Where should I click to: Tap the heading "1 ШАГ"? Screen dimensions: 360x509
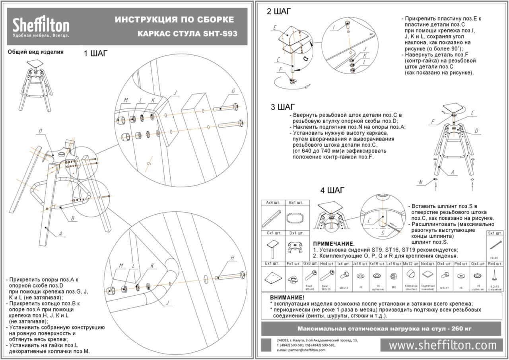[95, 54]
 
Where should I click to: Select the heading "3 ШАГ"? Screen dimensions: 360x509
[283, 107]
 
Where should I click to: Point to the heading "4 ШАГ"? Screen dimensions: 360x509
[333, 190]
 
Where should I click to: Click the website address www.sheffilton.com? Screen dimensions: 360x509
[443, 345]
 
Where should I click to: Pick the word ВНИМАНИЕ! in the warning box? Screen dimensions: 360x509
[287, 298]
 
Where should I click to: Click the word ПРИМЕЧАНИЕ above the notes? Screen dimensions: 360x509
[334, 244]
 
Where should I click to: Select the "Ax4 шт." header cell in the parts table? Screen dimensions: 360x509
[273, 203]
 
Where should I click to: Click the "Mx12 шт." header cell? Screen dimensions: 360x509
[411, 263]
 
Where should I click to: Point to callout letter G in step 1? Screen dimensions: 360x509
[233, 91]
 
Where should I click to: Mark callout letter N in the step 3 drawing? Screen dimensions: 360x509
[420, 182]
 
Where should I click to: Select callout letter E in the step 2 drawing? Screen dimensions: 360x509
[275, 27]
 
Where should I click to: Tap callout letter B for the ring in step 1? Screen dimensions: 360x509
[73, 218]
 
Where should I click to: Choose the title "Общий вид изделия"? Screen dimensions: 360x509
[36, 52]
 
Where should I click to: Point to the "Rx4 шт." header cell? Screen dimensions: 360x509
[495, 263]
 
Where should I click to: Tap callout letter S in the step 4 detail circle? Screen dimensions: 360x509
[382, 234]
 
